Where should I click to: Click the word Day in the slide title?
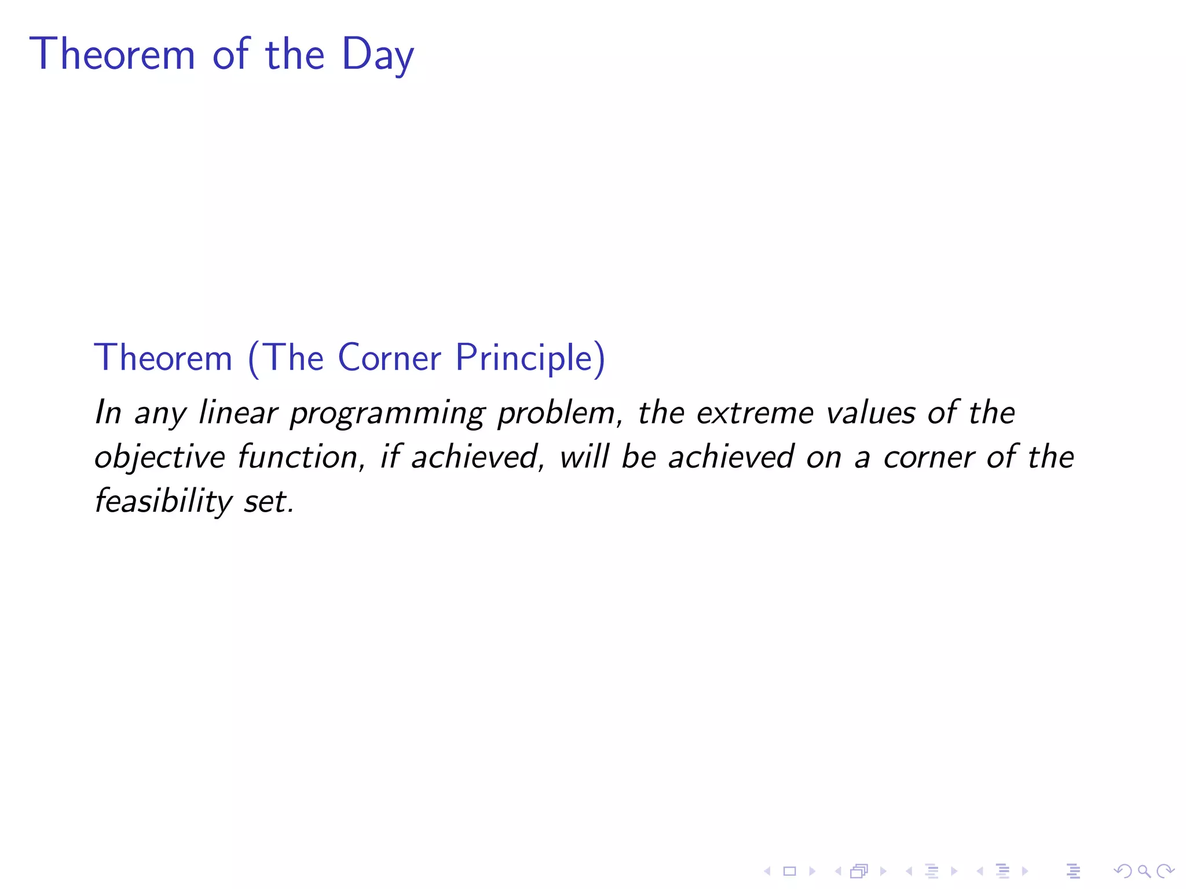tap(378, 54)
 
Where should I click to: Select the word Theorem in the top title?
tap(112, 54)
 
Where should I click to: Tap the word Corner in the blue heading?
tap(389, 358)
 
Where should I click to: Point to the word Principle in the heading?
tap(530, 359)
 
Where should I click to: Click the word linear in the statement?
tap(238, 413)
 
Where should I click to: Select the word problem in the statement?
tap(559, 413)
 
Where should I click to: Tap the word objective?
tap(159, 457)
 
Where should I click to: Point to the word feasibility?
tap(163, 501)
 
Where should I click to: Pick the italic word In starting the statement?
tap(108, 413)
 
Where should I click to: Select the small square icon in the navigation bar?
tap(789, 871)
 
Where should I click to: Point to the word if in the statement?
tap(390, 457)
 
